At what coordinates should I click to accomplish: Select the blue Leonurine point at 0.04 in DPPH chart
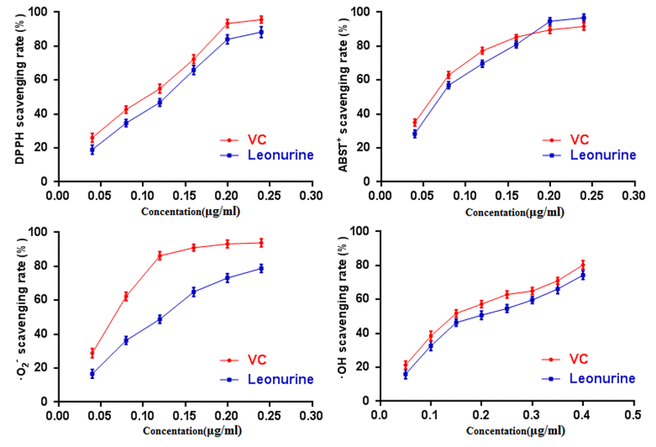click(92, 150)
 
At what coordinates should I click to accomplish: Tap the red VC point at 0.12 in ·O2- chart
click(160, 256)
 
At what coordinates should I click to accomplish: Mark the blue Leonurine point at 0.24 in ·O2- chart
click(261, 268)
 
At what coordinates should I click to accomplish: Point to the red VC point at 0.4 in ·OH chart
click(583, 265)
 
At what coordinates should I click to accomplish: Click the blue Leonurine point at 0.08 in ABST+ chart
click(449, 84)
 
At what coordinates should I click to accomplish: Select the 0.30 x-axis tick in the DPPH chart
click(312, 197)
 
